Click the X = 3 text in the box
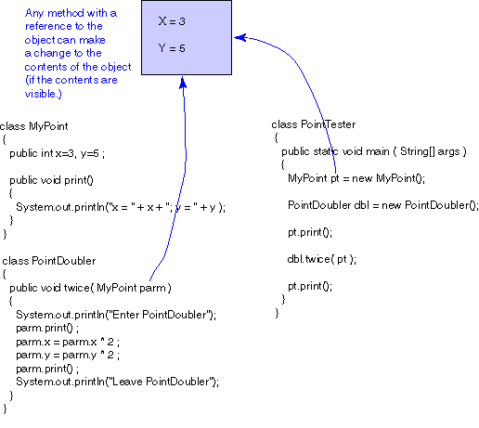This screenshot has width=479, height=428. coord(172,21)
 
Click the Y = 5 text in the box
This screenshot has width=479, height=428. coord(172,48)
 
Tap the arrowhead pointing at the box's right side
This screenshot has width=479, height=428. coord(240,37)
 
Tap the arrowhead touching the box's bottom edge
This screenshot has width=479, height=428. coord(183,83)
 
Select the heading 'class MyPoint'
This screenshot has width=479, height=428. coord(34,126)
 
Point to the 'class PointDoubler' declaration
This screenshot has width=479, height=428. coord(49,261)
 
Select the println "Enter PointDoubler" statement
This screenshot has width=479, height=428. coord(116,315)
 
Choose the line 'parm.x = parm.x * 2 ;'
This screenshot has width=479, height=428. coord(68,342)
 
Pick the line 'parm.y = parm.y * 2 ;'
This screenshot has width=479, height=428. coord(68,355)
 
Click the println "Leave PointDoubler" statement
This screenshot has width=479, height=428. coord(117,382)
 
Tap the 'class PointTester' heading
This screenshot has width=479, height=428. coord(314,124)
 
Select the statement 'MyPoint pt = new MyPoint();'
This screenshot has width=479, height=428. coord(356,178)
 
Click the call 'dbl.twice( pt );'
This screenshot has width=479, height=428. coord(322,259)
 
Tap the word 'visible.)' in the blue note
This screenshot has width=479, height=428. coord(44,94)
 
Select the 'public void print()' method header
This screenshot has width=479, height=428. coord(51,180)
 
